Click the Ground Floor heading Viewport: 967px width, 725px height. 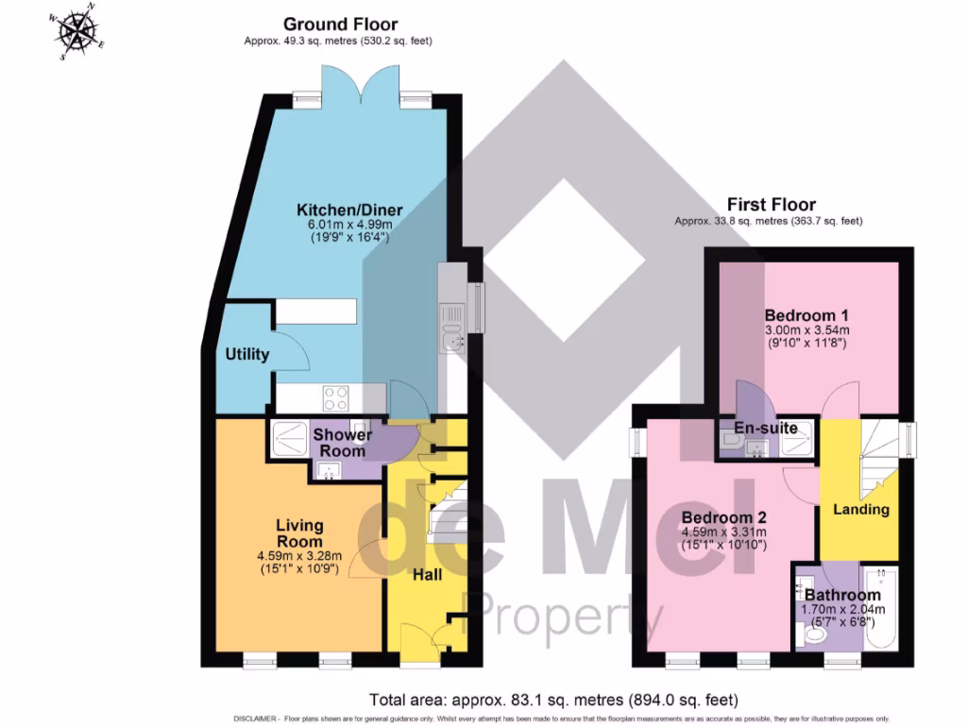point(340,25)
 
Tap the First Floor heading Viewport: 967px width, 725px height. point(771,204)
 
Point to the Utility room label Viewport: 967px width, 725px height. point(247,355)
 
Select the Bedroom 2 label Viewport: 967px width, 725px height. point(723,518)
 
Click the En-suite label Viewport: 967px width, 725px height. point(767,429)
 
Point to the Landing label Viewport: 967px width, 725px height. point(860,510)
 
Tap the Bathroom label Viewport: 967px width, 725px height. point(841,595)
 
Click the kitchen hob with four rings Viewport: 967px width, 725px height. point(336,397)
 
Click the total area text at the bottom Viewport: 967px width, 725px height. point(552,700)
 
